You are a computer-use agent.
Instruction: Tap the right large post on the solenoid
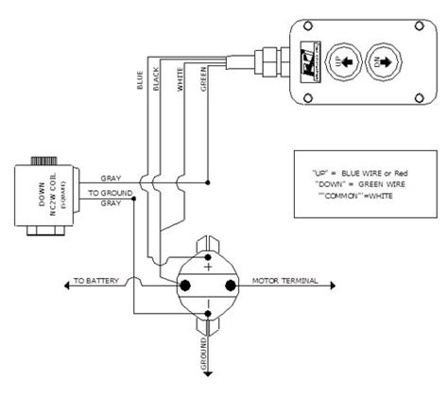pos(230,283)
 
